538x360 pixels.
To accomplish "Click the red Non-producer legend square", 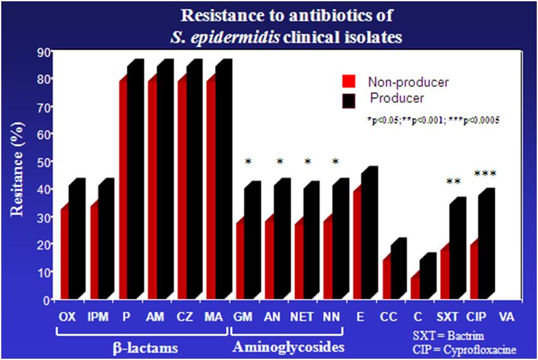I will (x=348, y=82).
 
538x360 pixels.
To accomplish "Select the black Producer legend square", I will (x=348, y=100).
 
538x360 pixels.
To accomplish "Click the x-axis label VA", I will (x=506, y=317).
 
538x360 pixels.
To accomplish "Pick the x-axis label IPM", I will (x=98, y=317).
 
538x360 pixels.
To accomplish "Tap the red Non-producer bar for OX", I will (x=65, y=254).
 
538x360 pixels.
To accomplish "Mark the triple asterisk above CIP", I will (x=484, y=173).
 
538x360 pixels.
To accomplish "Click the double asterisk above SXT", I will (x=453, y=182).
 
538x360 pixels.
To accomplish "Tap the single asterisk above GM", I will (x=248, y=161).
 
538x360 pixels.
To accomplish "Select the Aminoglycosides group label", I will (x=289, y=347).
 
